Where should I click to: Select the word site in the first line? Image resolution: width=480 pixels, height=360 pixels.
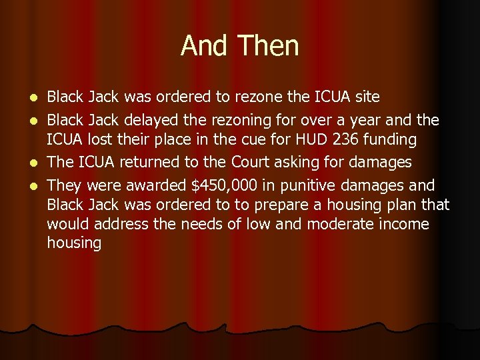click(x=367, y=97)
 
